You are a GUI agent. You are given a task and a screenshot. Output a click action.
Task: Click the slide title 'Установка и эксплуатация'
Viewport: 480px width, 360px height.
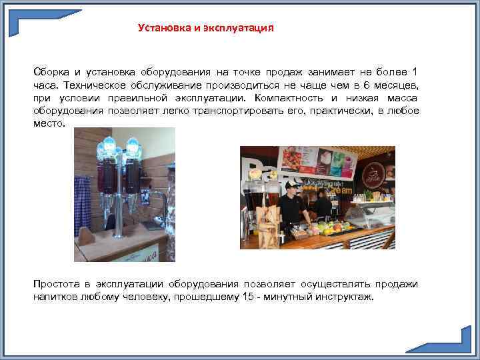205,28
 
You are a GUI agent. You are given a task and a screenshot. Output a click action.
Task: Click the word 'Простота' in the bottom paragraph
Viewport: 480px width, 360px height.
55,283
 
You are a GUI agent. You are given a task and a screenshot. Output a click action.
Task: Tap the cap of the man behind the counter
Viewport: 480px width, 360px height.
290,185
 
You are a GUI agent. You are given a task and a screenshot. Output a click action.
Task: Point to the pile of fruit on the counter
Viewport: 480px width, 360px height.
330,227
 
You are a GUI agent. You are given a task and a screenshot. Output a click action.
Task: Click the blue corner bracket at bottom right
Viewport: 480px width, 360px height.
443,340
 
